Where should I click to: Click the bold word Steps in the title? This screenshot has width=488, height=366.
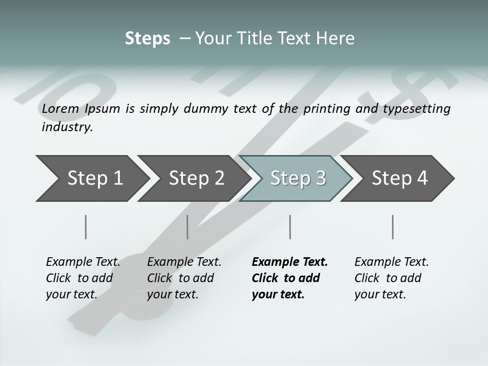[147, 39]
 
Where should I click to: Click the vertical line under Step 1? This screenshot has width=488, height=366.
[86, 227]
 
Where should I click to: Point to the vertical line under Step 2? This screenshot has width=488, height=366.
[188, 227]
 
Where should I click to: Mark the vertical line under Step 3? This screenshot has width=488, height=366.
[290, 227]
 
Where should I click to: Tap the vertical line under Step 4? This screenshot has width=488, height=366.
[393, 227]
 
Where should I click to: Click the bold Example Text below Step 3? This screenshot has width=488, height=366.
[290, 278]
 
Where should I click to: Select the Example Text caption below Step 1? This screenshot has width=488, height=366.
[83, 278]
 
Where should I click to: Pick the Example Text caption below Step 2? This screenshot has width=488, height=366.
[184, 278]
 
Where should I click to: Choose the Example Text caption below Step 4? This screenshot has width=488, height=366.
[391, 278]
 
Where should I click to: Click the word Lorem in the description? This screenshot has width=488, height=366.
[60, 108]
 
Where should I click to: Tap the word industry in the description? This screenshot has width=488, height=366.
[67, 127]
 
